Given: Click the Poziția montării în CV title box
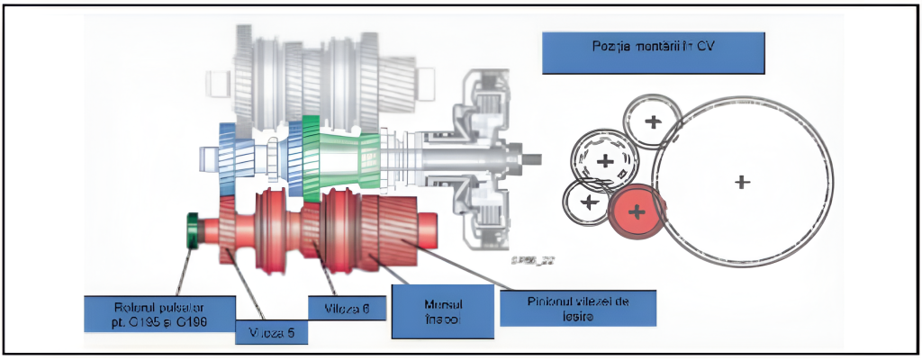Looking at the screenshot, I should pyautogui.click(x=653, y=53).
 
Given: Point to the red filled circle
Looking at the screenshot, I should pyautogui.click(x=637, y=211).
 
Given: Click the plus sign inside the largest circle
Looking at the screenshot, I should pyautogui.click(x=742, y=182).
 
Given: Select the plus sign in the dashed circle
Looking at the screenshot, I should pyautogui.click(x=605, y=162).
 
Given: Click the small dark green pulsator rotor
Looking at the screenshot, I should pyautogui.click(x=191, y=230).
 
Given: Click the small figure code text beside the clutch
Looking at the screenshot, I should pyautogui.click(x=533, y=260).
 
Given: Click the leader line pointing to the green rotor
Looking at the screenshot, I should pyautogui.click(x=183, y=269).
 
